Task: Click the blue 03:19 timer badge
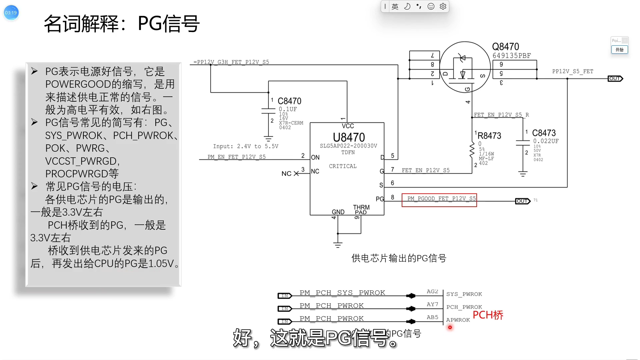(x=11, y=13)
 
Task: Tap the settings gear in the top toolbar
(x=443, y=6)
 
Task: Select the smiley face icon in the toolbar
(x=431, y=6)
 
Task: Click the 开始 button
(x=619, y=50)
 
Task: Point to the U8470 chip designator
(x=349, y=137)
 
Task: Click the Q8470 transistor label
(x=506, y=47)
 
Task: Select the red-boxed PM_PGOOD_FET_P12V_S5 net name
(x=439, y=199)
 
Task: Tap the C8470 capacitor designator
(x=289, y=101)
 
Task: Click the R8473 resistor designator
(x=489, y=136)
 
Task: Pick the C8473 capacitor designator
(x=544, y=133)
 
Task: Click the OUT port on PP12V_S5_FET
(x=615, y=79)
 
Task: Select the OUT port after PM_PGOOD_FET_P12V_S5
(x=523, y=201)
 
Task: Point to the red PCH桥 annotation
(x=488, y=315)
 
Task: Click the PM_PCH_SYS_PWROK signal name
(x=342, y=293)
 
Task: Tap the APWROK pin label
(x=458, y=320)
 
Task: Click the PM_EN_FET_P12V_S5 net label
(x=237, y=157)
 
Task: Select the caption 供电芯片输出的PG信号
(x=399, y=258)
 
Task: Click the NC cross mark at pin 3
(x=296, y=173)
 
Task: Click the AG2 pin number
(x=432, y=292)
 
